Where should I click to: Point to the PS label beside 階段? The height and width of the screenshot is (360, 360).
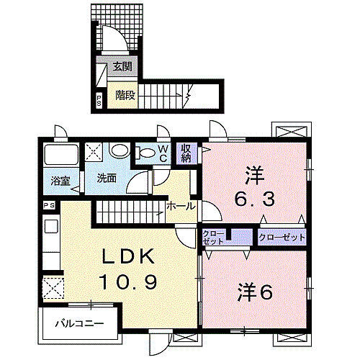click(x=99, y=100)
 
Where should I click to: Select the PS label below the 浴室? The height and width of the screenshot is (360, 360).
click(x=49, y=205)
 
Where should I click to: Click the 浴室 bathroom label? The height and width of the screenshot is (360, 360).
click(x=60, y=181)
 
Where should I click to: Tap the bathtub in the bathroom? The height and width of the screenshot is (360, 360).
click(x=60, y=155)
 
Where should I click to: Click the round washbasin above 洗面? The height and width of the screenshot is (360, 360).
click(x=120, y=151)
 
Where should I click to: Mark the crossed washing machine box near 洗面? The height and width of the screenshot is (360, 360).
click(x=94, y=152)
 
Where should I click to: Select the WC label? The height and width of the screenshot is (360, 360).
click(x=163, y=152)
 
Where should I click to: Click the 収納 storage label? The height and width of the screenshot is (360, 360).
click(x=186, y=152)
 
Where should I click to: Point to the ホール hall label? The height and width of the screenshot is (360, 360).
click(x=181, y=206)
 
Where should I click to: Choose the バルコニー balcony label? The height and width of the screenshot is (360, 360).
click(x=78, y=324)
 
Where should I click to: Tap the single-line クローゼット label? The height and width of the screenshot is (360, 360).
click(x=282, y=237)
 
